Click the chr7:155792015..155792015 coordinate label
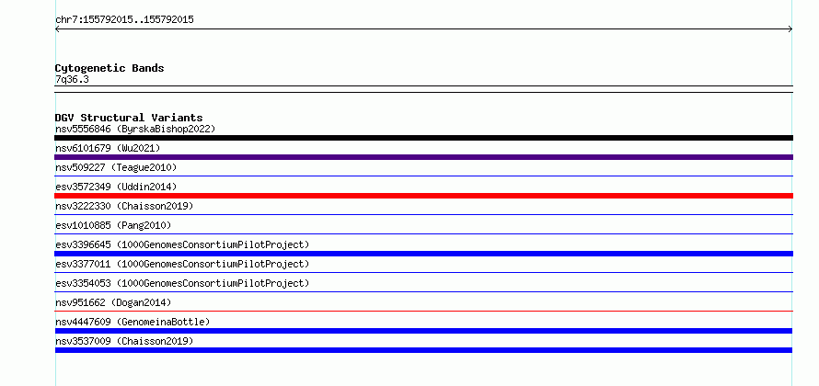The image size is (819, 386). pyautogui.click(x=124, y=20)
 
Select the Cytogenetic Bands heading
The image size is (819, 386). pyautogui.click(x=110, y=68)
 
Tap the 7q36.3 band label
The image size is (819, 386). pyautogui.click(x=72, y=79)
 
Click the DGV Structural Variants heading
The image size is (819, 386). pyautogui.click(x=129, y=118)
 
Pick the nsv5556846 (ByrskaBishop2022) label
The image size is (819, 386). pyautogui.click(x=135, y=129)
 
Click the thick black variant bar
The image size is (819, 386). pyautogui.click(x=423, y=138)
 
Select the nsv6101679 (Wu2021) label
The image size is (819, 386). pyautogui.click(x=108, y=148)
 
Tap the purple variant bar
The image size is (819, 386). pyautogui.click(x=423, y=157)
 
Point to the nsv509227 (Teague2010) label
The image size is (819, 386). pyautogui.click(x=116, y=167)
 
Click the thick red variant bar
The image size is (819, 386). pyautogui.click(x=423, y=196)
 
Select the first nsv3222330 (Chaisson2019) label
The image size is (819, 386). pyautogui.click(x=124, y=206)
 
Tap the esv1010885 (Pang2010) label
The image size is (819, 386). pyautogui.click(x=113, y=225)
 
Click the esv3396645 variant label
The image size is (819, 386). pyautogui.click(x=182, y=244)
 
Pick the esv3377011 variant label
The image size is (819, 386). pyautogui.click(x=182, y=264)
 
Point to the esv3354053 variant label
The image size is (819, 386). pyautogui.click(x=182, y=283)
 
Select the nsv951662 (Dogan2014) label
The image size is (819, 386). pyautogui.click(x=113, y=302)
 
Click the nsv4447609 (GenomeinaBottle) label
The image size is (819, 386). pyautogui.click(x=133, y=322)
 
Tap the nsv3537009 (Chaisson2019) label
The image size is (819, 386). pyautogui.click(x=124, y=341)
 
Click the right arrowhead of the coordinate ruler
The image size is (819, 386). pyautogui.click(x=791, y=29)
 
